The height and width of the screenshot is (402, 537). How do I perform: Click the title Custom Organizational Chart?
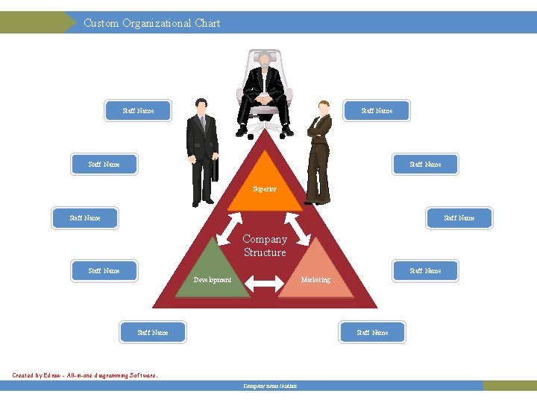point(151,23)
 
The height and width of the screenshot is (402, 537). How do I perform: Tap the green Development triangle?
point(213,272)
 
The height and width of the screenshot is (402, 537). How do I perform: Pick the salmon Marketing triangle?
point(315,272)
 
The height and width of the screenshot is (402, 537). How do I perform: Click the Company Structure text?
point(265,246)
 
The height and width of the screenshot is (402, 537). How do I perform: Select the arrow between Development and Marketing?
point(260,282)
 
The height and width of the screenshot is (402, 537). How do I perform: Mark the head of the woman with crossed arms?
point(324,107)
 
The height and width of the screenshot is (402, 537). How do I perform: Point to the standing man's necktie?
point(201,123)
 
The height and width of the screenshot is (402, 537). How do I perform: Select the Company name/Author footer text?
point(270,386)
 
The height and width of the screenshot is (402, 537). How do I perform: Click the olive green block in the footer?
point(509,386)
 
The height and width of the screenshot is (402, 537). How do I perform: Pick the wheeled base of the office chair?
point(265,129)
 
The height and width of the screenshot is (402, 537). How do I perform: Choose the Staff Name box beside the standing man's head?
point(138,111)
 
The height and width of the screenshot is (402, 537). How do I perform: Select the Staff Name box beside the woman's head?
point(377,111)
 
